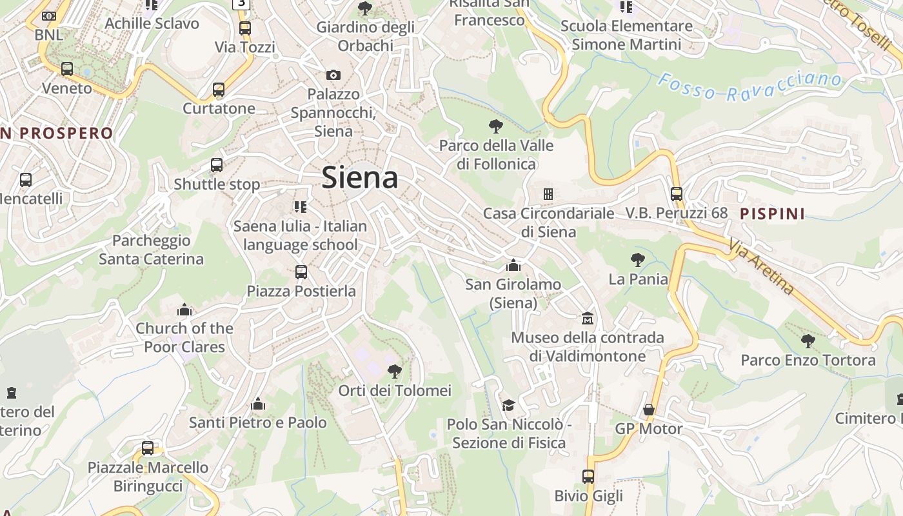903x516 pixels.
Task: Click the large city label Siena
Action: [x=360, y=177]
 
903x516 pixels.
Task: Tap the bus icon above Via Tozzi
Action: [x=245, y=28]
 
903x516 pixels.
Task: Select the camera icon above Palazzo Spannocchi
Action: [x=333, y=75]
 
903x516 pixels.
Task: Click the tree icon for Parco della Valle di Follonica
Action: [x=496, y=126]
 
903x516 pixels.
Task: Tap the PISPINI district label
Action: [x=773, y=213]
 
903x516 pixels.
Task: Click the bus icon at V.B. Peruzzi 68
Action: [x=676, y=193]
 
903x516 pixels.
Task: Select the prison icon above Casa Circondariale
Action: [x=548, y=193]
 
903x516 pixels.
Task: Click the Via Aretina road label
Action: [x=762, y=266]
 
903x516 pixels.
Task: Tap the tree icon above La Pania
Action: [x=638, y=260]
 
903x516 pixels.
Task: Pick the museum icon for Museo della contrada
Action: [x=588, y=318]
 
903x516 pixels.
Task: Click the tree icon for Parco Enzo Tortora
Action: [x=808, y=341]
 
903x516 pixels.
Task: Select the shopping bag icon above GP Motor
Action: [x=649, y=410]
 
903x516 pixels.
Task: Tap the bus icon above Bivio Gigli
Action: [x=588, y=477]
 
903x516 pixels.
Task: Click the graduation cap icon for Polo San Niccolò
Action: [x=509, y=405]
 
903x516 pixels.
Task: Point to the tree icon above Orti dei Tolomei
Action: [x=394, y=372]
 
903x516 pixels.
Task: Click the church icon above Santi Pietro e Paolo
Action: [x=258, y=404]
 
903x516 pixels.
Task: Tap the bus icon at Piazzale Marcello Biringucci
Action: [x=148, y=448]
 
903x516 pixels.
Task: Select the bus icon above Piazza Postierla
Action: [x=301, y=272]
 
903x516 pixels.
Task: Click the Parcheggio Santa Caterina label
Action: [x=151, y=250]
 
